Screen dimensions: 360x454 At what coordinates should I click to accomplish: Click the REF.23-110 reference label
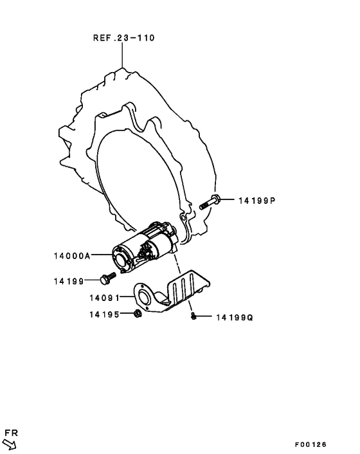tap(124, 38)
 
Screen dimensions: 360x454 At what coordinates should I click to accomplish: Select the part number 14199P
tap(257, 201)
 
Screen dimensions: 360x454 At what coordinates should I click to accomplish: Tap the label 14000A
tap(73, 256)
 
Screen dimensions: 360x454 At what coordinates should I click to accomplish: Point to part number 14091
tap(105, 298)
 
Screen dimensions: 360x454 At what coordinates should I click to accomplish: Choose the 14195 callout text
tap(105, 314)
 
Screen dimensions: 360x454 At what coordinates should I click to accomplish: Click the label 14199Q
tap(235, 318)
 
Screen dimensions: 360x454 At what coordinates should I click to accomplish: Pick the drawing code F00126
tap(310, 444)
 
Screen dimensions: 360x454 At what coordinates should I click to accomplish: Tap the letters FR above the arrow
tap(12, 433)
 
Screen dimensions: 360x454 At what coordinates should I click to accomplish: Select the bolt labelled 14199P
tap(210, 202)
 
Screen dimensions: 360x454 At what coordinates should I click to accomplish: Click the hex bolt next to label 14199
tap(108, 278)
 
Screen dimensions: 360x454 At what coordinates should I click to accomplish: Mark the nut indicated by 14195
tap(138, 314)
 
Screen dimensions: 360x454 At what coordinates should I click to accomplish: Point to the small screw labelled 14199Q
tap(194, 316)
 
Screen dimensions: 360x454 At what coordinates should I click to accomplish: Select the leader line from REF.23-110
tap(122, 55)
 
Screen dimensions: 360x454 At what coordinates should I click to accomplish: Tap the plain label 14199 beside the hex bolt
tap(69, 281)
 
